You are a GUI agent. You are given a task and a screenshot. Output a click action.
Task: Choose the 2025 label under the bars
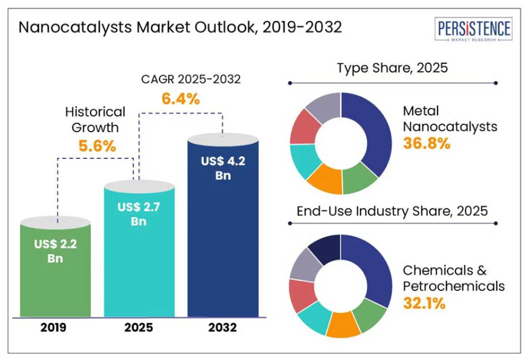point(139,328)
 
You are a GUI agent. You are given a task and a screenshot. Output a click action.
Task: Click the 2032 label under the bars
point(223,328)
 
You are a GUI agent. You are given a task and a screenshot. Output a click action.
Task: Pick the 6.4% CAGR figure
point(181,98)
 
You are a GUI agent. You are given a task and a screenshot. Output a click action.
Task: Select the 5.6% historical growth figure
point(97,146)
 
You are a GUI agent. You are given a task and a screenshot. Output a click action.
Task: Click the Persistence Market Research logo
point(474,30)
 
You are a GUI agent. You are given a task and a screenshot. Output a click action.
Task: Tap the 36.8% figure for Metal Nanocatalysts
point(426,143)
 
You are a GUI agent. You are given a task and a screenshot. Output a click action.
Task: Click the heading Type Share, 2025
point(392,68)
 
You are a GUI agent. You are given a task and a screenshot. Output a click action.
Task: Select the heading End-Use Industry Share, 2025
point(392,211)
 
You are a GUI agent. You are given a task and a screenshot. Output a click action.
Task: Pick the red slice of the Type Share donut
point(305,127)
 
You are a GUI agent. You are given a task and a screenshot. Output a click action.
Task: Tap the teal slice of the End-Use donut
point(313,320)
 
